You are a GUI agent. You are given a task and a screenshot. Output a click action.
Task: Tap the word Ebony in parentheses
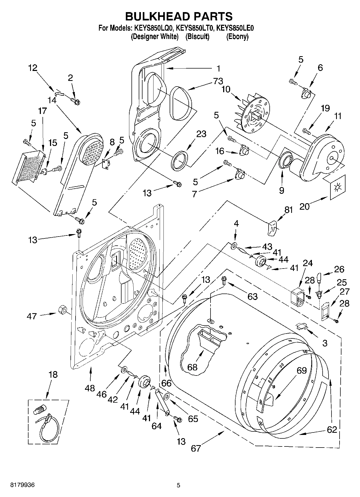(237, 37)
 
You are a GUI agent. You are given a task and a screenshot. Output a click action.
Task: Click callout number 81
(288, 210)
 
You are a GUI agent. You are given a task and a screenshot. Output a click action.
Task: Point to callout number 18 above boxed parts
(53, 374)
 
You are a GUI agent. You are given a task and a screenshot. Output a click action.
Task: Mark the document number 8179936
(22, 485)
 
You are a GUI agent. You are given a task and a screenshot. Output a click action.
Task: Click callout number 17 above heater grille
(42, 111)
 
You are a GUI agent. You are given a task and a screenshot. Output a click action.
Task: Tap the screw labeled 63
(224, 281)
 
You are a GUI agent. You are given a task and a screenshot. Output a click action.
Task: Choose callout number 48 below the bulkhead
(90, 388)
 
